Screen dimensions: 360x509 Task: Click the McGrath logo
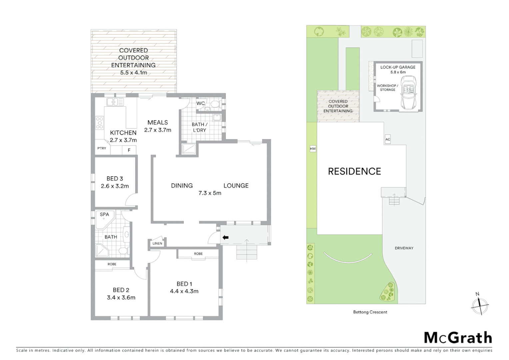[x=458, y=338]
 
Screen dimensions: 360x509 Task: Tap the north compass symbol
[x=480, y=305]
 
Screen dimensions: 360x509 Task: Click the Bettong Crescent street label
[x=370, y=312]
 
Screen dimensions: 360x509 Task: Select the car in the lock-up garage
[x=408, y=92]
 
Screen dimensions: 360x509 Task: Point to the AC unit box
[x=388, y=139]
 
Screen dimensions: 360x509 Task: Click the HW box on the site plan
[x=312, y=149]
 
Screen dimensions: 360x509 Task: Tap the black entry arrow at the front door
[x=226, y=237]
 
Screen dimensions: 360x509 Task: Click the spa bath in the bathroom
[x=104, y=219]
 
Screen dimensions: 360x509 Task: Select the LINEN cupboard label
[x=157, y=243]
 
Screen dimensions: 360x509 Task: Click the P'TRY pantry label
[x=102, y=148]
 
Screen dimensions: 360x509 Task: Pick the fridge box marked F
[x=129, y=150]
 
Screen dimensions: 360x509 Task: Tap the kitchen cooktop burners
[x=99, y=122]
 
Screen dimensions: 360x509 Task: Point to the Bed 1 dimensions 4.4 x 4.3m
[x=184, y=291]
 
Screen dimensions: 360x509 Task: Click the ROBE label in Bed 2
[x=112, y=264]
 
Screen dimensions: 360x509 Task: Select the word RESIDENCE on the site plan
[x=354, y=171]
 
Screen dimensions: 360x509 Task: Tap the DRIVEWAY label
[x=404, y=248]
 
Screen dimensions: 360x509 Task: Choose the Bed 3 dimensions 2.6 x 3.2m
[x=115, y=186]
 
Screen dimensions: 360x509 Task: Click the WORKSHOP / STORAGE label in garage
[x=387, y=88]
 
